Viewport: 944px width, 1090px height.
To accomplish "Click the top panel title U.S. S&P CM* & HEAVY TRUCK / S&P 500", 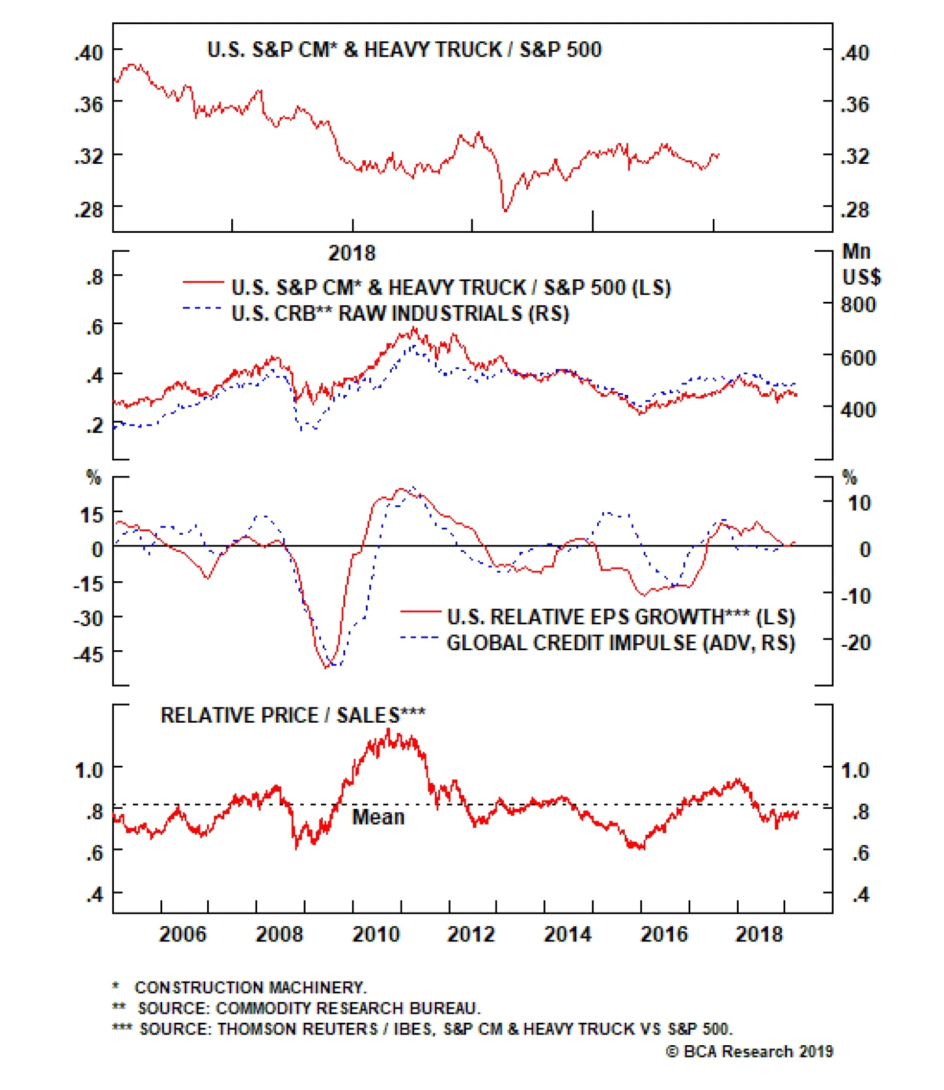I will (404, 50).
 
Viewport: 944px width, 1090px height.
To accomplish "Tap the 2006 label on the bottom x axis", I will (183, 934).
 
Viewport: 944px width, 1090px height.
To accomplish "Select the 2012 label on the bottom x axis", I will (471, 934).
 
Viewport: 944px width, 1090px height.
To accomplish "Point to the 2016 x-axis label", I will (664, 934).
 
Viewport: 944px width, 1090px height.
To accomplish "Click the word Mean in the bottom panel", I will (378, 817).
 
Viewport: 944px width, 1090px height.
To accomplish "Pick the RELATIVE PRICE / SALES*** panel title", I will (293, 715).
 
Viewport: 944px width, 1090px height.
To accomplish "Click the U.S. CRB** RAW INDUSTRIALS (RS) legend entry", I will (400, 313).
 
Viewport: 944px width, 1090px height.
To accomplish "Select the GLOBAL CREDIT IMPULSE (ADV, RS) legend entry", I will (621, 643).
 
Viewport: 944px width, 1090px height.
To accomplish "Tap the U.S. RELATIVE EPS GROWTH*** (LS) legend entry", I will (621, 617).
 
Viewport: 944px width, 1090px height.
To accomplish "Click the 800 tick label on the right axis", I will (858, 305).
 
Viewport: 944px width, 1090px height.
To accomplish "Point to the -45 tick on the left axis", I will (88, 654).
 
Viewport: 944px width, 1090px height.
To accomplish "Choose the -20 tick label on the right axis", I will (855, 642).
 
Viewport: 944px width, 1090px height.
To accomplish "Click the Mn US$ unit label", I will (860, 264).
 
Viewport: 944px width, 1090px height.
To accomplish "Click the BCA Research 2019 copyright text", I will (749, 1051).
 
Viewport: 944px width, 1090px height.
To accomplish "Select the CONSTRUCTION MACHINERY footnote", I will (250, 987).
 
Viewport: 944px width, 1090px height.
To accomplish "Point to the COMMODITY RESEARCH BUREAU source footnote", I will (309, 1008).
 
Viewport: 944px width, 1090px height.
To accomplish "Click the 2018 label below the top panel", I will (352, 253).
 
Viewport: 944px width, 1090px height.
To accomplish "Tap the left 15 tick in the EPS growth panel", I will (91, 515).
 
